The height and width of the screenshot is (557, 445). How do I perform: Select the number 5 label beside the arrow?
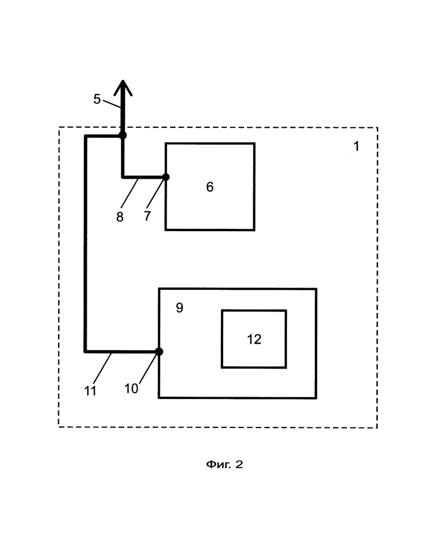pos(97,99)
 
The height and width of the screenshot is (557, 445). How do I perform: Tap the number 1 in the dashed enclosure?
pos(356,146)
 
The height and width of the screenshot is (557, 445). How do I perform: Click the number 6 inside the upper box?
pos(210,187)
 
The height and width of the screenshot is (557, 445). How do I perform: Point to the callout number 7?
pos(147,216)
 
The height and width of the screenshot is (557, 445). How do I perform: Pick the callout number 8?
pos(120,217)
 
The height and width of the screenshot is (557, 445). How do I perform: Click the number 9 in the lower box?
pos(180,308)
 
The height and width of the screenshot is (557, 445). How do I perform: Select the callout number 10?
pos(131,389)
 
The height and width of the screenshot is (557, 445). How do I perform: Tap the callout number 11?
pos(90,391)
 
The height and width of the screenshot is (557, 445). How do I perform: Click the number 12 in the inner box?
pos(254,339)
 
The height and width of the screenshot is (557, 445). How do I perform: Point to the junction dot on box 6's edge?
pos(166,177)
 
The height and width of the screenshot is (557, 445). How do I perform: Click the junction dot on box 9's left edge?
pos(159,352)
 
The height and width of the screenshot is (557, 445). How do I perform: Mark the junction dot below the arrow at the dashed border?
pos(123,135)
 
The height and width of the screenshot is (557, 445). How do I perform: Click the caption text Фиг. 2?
pos(224,465)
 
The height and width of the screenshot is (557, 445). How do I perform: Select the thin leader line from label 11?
pos(103,369)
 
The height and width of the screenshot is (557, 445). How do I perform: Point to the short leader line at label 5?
pos(112,104)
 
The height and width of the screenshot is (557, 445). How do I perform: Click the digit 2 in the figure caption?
pos(239,465)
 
